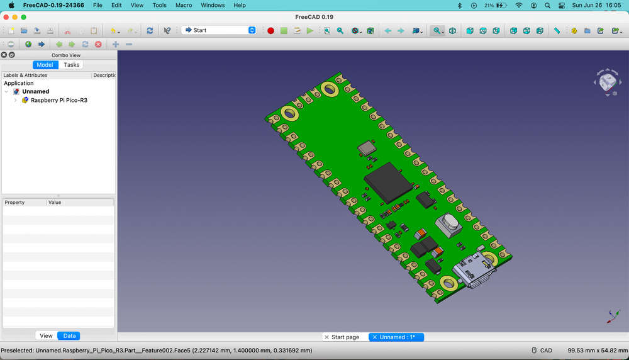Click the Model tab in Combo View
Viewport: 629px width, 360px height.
45,65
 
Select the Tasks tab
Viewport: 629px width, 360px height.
72,65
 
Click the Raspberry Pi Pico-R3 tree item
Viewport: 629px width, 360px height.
58,100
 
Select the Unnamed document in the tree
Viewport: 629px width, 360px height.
35,91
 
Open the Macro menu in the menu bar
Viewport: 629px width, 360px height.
184,5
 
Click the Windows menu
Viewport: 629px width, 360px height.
213,5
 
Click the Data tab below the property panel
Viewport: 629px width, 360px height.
69,336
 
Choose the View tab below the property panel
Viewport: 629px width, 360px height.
46,336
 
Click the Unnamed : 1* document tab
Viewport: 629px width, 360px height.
397,337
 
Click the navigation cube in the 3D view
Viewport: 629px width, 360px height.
608,82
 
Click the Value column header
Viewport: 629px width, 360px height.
55,203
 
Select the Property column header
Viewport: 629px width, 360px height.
14,203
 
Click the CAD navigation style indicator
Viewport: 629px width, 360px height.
542,351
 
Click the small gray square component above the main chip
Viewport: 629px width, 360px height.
365,149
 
